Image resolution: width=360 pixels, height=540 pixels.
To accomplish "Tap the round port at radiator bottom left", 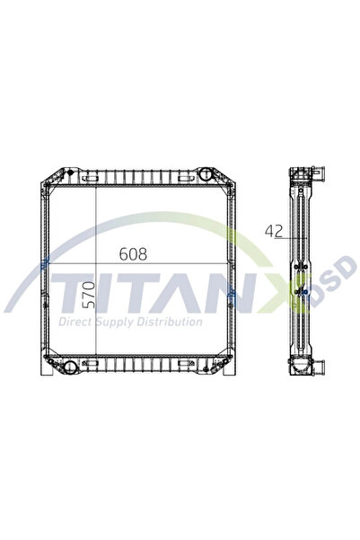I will pyautogui.click(x=71, y=366).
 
